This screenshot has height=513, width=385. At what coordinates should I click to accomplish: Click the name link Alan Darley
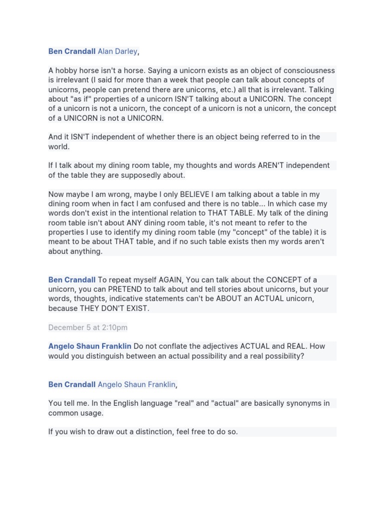[117, 52]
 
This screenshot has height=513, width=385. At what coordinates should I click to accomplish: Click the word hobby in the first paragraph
[67, 71]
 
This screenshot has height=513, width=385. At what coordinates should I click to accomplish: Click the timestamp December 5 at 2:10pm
[88, 328]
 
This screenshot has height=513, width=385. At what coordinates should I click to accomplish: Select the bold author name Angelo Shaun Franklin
[90, 346]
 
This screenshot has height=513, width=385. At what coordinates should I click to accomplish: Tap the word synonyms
[298, 403]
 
